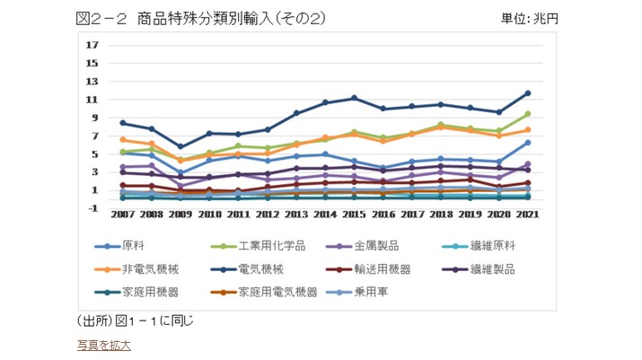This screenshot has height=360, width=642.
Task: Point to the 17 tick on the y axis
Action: tap(92, 45)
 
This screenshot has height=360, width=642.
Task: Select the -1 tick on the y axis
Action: tap(92, 208)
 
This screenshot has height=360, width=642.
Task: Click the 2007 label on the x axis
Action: tap(122, 215)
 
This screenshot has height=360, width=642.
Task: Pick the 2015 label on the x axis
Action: tap(354, 215)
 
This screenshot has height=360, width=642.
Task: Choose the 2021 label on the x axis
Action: tap(527, 215)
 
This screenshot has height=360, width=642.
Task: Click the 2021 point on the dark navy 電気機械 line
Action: tap(528, 93)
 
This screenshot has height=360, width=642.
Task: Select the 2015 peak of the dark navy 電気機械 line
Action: tap(354, 98)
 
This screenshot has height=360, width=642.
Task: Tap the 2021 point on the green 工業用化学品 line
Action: tap(528, 114)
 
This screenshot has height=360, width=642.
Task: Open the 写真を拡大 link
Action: tap(104, 345)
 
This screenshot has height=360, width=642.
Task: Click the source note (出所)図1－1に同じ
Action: tap(136, 320)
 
